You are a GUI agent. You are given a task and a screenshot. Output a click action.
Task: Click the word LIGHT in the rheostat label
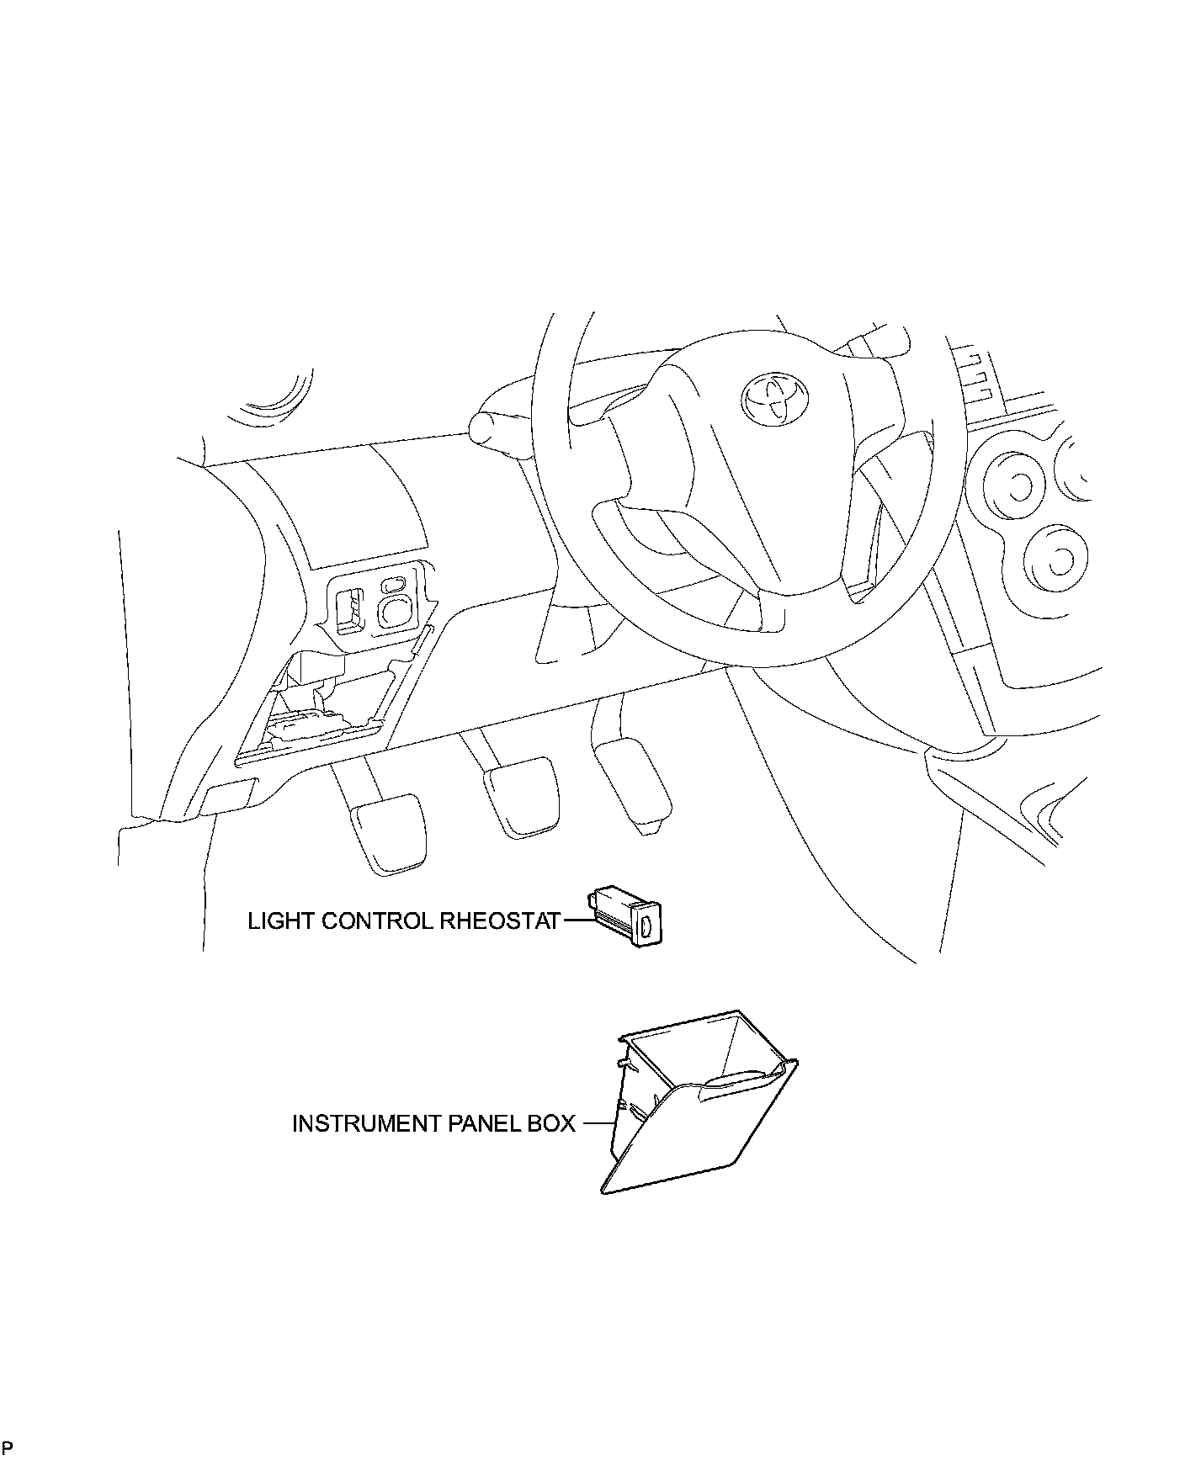[280, 920]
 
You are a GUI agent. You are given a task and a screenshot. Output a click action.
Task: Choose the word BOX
[552, 1123]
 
